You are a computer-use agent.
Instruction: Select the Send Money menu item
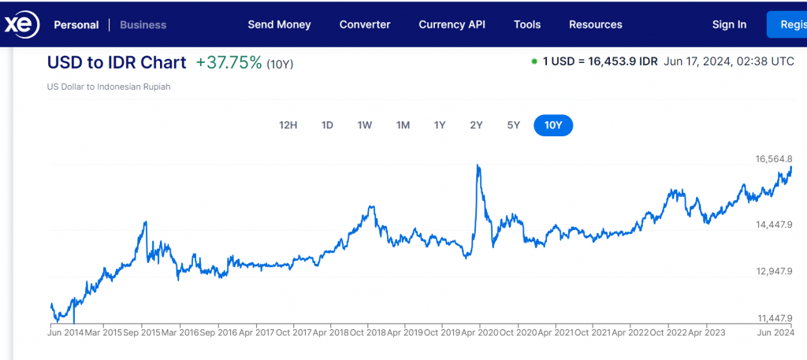coord(279,24)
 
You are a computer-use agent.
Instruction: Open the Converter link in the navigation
coord(365,24)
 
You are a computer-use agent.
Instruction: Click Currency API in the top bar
coord(452,24)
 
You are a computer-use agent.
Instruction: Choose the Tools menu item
coord(527,24)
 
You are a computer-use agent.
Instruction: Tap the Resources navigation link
coord(595,24)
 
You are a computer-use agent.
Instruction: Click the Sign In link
coord(729,24)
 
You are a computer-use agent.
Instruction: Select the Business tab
coord(143,24)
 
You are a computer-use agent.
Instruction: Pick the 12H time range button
coord(288,125)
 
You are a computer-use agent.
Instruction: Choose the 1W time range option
coord(364,125)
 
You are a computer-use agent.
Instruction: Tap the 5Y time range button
coord(514,125)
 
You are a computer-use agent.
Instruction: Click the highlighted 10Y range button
coord(553,125)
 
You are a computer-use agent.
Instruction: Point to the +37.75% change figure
coord(229,63)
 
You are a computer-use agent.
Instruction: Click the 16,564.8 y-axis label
coord(773,159)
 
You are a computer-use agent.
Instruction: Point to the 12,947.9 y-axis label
coord(773,271)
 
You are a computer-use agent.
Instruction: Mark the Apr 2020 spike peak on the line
coord(478,165)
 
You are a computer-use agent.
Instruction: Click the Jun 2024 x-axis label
coord(775,332)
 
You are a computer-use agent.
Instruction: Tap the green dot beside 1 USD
coord(534,61)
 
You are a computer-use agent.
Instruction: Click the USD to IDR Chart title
coord(117,63)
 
